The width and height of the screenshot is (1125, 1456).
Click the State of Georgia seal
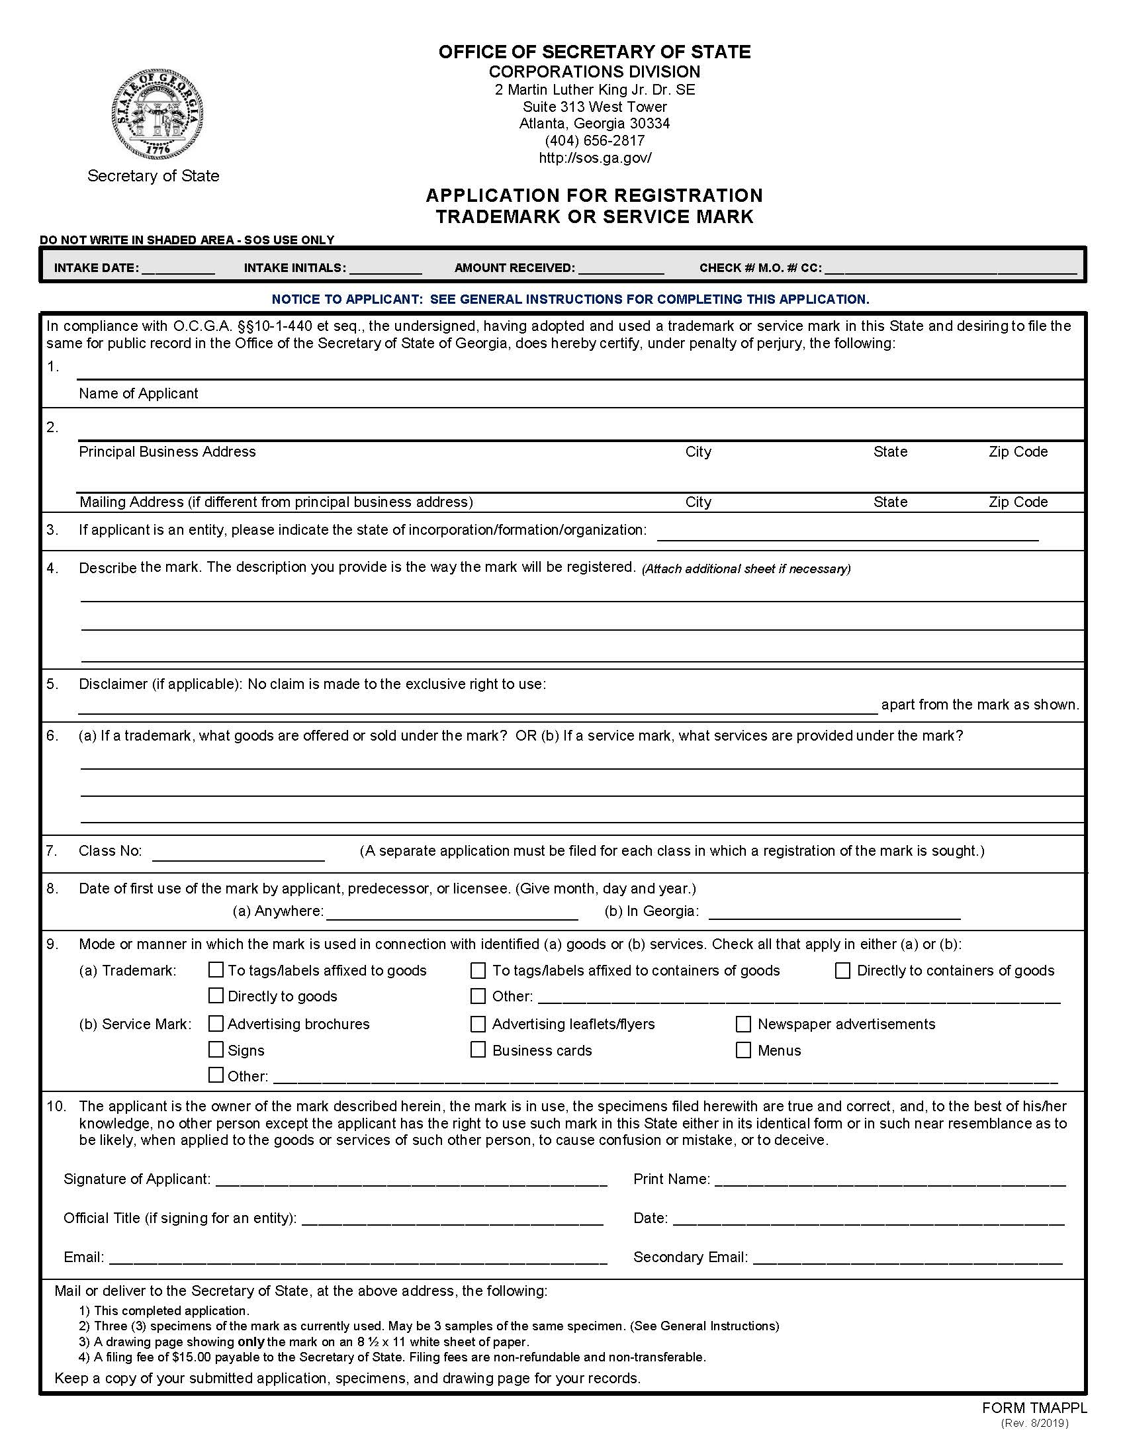coord(157,113)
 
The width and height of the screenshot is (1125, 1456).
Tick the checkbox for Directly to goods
coord(216,995)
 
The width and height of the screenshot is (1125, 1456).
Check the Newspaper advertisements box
coord(743,1023)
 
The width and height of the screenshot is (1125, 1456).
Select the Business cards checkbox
coord(478,1050)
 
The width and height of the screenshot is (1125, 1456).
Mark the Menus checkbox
coord(743,1050)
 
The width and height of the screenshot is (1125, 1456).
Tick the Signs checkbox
coord(216,1050)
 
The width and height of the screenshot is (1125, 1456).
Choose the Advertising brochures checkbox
coord(216,1023)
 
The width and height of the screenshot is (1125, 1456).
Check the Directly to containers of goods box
coord(842,970)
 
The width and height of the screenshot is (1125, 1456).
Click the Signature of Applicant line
coord(411,1180)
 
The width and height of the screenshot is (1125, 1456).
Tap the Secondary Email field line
coord(907,1258)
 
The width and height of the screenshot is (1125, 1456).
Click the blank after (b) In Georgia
coord(834,913)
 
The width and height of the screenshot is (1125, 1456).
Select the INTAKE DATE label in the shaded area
coord(96,268)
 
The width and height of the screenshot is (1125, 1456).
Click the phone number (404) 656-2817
coord(594,141)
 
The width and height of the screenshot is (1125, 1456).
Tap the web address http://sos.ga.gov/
coord(594,158)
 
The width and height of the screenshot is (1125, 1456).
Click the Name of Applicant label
coord(138,393)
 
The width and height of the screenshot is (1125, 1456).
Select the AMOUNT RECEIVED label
coord(514,268)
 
